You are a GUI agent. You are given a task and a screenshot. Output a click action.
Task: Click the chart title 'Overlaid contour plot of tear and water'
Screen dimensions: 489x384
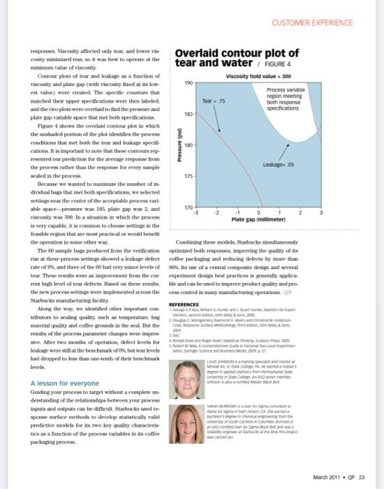[237, 59]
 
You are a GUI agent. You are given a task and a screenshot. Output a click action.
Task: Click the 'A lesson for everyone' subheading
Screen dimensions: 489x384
[64, 384]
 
